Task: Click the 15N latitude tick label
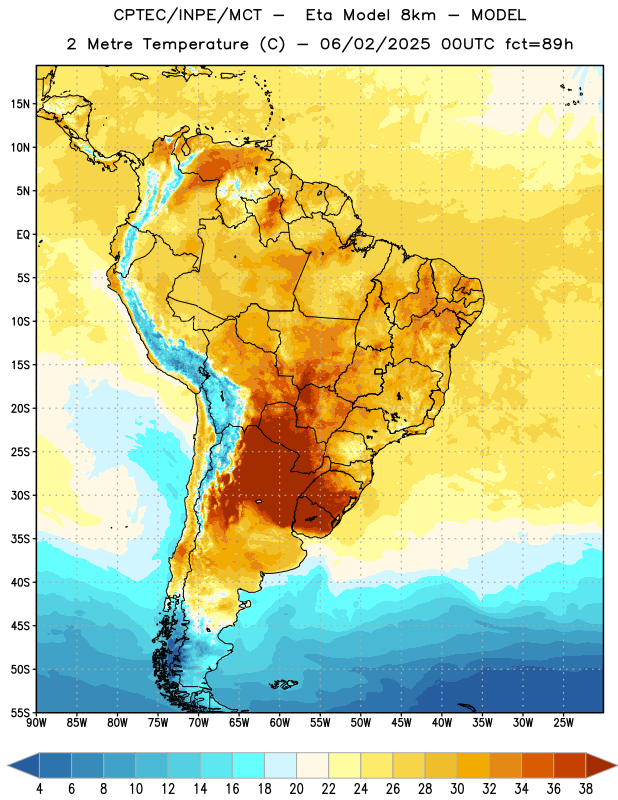(20, 104)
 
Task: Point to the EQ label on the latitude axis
(23, 235)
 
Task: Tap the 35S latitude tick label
(20, 539)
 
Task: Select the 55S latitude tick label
(20, 712)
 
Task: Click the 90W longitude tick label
(37, 723)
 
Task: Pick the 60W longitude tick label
(280, 723)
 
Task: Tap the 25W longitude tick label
(563, 723)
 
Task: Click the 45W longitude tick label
(401, 723)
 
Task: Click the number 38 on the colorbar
(585, 789)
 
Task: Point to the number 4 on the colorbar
(39, 789)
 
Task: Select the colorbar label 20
(296, 789)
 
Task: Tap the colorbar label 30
(457, 789)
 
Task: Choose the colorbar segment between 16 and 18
(248, 766)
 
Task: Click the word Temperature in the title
(195, 44)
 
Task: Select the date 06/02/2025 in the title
(375, 44)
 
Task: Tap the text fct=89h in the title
(539, 44)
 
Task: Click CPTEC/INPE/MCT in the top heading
(187, 15)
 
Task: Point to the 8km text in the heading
(418, 15)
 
